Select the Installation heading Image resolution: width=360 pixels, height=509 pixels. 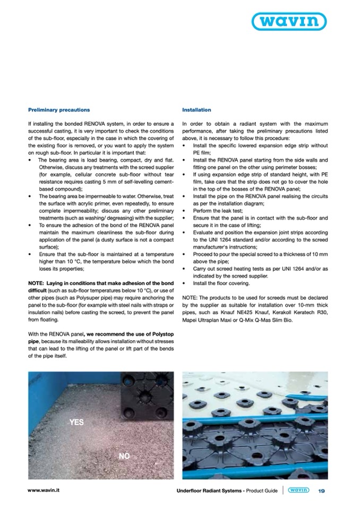(x=196, y=110)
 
